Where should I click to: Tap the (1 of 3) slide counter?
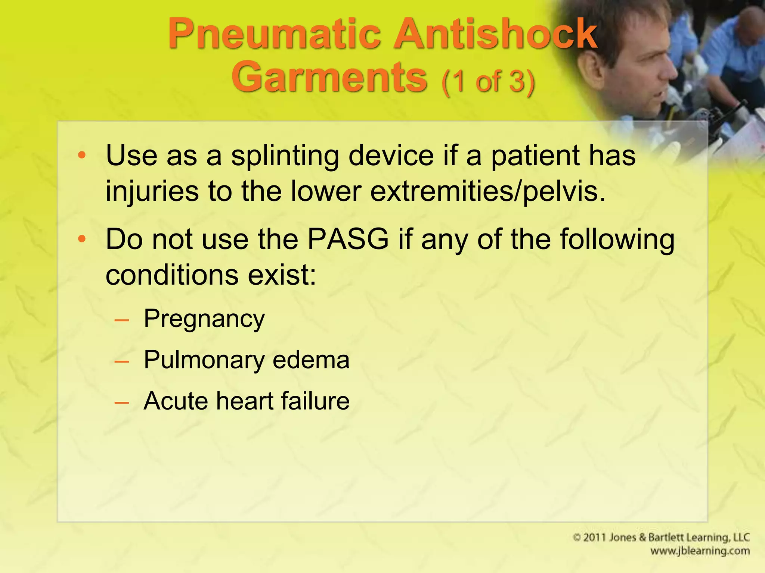[x=488, y=81]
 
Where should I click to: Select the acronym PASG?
[x=348, y=239]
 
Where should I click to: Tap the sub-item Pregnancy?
[x=204, y=319]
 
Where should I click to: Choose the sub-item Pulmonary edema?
[x=247, y=360]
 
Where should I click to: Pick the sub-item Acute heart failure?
[x=247, y=401]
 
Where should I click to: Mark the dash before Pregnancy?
[x=122, y=320]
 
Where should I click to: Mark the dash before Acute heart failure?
[x=122, y=403]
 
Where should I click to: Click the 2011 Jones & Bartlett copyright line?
[x=661, y=538]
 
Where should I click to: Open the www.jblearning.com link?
[x=700, y=551]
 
